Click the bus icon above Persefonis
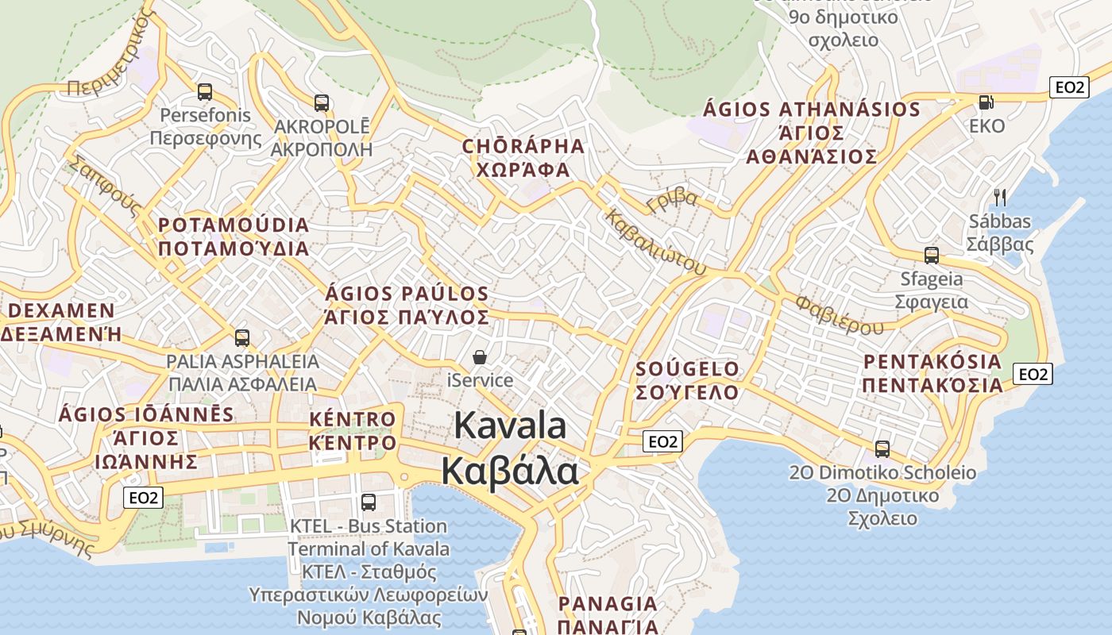click(205, 92)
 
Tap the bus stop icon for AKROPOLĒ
click(322, 102)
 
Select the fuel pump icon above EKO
click(986, 102)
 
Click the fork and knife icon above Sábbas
click(1000, 197)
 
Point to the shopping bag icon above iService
click(480, 357)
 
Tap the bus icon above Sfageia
click(932, 256)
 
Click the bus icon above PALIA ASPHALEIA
click(242, 338)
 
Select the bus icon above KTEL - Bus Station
click(369, 502)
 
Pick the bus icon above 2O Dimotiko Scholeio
click(882, 449)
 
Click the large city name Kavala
click(511, 426)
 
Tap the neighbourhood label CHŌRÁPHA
click(523, 147)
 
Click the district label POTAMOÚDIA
click(234, 225)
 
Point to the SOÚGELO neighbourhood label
click(688, 369)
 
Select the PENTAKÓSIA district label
click(932, 362)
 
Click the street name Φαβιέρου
click(839, 315)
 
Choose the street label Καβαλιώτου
click(655, 242)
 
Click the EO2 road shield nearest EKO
click(1068, 87)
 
